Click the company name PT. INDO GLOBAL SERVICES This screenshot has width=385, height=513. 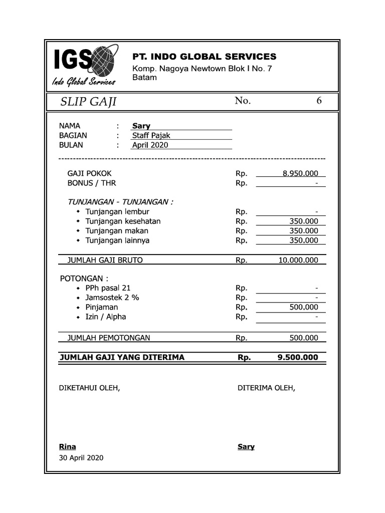point(204,57)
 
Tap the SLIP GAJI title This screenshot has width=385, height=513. point(88,102)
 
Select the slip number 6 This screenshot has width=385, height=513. point(319,101)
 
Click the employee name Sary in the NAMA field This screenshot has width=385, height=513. point(141,126)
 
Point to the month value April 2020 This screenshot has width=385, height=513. point(150,145)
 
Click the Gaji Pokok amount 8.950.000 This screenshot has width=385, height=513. point(300,174)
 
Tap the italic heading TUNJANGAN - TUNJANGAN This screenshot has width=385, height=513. point(120,202)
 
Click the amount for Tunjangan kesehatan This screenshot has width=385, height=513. point(304,221)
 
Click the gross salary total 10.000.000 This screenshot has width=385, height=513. point(298,260)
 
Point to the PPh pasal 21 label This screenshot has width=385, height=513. point(108,288)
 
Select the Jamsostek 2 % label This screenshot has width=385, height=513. point(112,298)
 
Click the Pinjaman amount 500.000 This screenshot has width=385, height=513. point(304,308)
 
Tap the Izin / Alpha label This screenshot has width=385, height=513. point(105,317)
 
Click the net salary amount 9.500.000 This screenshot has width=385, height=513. point(297,358)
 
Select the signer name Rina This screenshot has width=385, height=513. point(68,446)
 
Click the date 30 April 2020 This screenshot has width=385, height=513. point(81,458)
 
